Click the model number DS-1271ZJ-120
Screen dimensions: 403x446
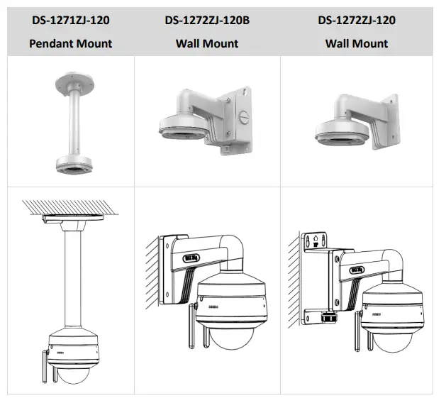(x=70, y=20)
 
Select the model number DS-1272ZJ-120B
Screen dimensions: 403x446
(x=207, y=20)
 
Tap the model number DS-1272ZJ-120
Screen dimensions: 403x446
(x=357, y=20)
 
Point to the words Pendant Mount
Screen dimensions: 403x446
(x=70, y=43)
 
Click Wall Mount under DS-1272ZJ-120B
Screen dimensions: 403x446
(x=207, y=43)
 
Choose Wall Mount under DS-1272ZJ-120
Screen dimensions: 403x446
(x=357, y=43)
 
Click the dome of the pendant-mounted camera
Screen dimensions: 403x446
(x=74, y=372)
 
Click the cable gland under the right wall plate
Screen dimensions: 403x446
(x=327, y=318)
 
